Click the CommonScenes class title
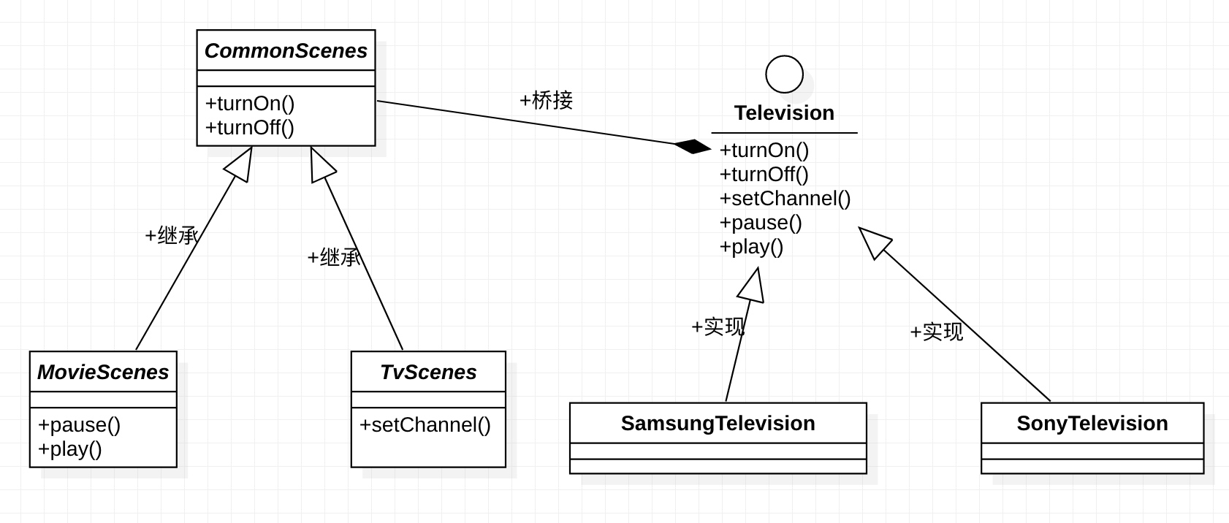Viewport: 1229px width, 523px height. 286,51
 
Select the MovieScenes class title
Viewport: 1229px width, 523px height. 103,373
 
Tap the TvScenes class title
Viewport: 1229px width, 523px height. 428,373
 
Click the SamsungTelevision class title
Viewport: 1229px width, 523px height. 718,423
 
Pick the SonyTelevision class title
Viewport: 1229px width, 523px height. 1092,423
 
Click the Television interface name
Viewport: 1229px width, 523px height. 784,113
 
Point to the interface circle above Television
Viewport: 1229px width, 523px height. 785,74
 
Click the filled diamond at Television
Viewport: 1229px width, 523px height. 693,146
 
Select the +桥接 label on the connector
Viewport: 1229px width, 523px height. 547,100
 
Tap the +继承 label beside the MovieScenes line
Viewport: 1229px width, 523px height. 172,236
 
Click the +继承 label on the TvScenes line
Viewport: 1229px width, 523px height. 334,257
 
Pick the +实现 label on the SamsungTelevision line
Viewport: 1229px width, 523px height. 718,327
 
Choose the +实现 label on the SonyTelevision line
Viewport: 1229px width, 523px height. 937,332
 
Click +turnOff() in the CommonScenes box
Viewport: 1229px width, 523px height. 250,127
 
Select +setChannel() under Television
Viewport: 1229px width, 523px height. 785,199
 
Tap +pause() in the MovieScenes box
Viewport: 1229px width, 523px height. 79,425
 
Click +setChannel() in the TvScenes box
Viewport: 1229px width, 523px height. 425,425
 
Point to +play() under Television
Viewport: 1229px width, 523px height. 751,247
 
